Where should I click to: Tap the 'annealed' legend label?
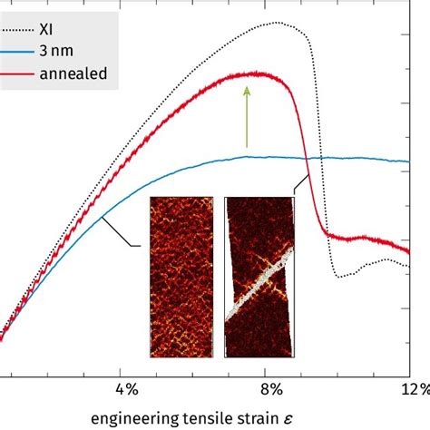pyautogui.click(x=93, y=73)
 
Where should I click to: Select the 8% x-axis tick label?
pyautogui.click(x=270, y=389)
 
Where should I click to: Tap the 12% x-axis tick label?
pyautogui.click(x=413, y=389)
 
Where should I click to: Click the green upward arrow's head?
pyautogui.click(x=246, y=90)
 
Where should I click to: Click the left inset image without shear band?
pyautogui.click(x=181, y=277)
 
